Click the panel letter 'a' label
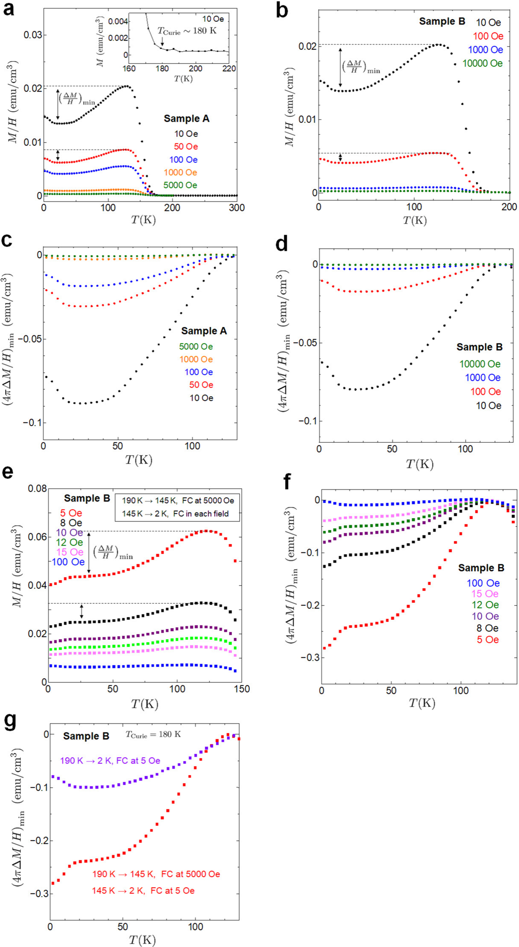point(9,9)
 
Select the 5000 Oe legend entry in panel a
point(180,185)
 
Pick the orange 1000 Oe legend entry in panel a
point(180,172)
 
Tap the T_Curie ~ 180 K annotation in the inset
point(187,31)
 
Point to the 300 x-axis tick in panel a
point(236,208)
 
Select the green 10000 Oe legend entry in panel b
point(482,64)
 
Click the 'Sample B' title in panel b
point(442,21)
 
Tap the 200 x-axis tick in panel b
point(510,208)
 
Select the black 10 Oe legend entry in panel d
point(488,406)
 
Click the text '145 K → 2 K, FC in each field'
point(177,514)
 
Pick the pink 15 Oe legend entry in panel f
point(484,594)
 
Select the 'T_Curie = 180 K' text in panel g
point(153,734)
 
